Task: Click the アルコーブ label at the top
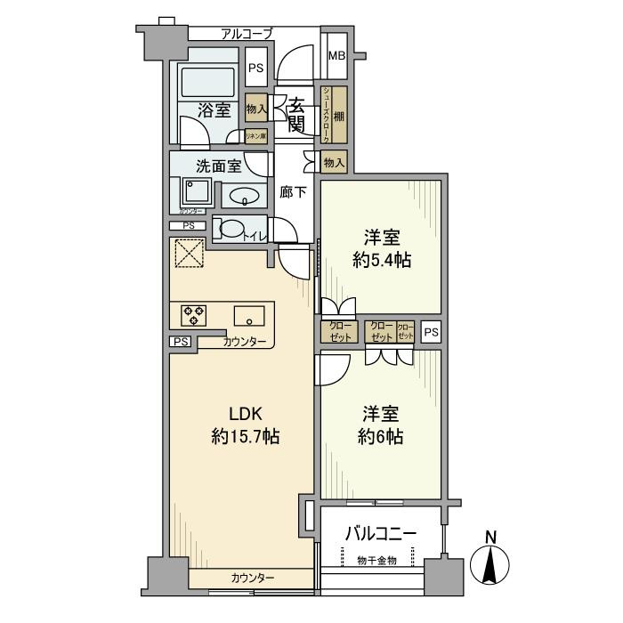click(x=247, y=34)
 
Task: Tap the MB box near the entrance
click(x=336, y=56)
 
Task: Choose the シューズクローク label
click(x=327, y=114)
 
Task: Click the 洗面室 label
click(x=218, y=165)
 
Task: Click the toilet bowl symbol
click(x=230, y=230)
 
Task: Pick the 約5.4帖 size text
click(x=380, y=260)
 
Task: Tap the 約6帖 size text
click(x=380, y=437)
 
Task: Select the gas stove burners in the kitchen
click(x=193, y=314)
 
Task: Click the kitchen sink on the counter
click(x=249, y=315)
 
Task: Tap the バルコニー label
click(x=380, y=533)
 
